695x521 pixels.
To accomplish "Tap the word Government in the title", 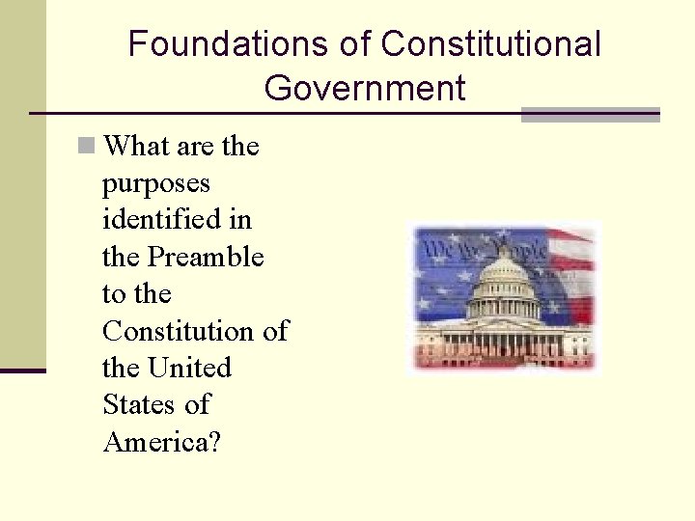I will [x=364, y=89].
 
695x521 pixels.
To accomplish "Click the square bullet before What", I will [x=87, y=147].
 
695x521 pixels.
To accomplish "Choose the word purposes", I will [x=156, y=183].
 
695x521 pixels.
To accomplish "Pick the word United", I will [x=190, y=368].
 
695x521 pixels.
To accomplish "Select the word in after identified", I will [x=240, y=220].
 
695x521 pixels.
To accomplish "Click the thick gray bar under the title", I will [x=590, y=115].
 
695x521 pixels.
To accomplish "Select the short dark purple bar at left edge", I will [x=22, y=370].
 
